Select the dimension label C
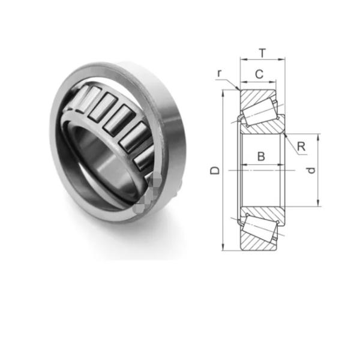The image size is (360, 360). click(259, 74)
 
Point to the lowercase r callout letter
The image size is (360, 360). click(220, 73)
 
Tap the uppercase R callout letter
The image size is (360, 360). click(301, 146)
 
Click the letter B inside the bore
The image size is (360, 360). click(261, 157)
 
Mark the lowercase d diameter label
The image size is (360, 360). click(310, 170)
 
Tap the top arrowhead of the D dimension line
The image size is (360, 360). click(223, 92)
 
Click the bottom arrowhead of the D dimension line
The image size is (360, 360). click(223, 248)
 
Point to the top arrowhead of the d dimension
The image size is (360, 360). click(318, 136)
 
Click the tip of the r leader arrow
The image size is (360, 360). click(239, 89)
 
